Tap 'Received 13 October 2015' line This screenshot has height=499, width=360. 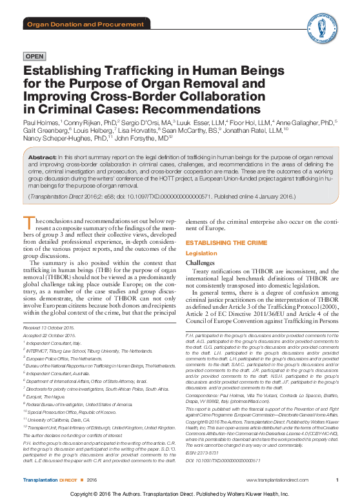click(50, 329)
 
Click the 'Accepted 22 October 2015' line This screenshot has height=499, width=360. click(50, 337)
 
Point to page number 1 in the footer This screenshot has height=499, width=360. click(338, 480)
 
